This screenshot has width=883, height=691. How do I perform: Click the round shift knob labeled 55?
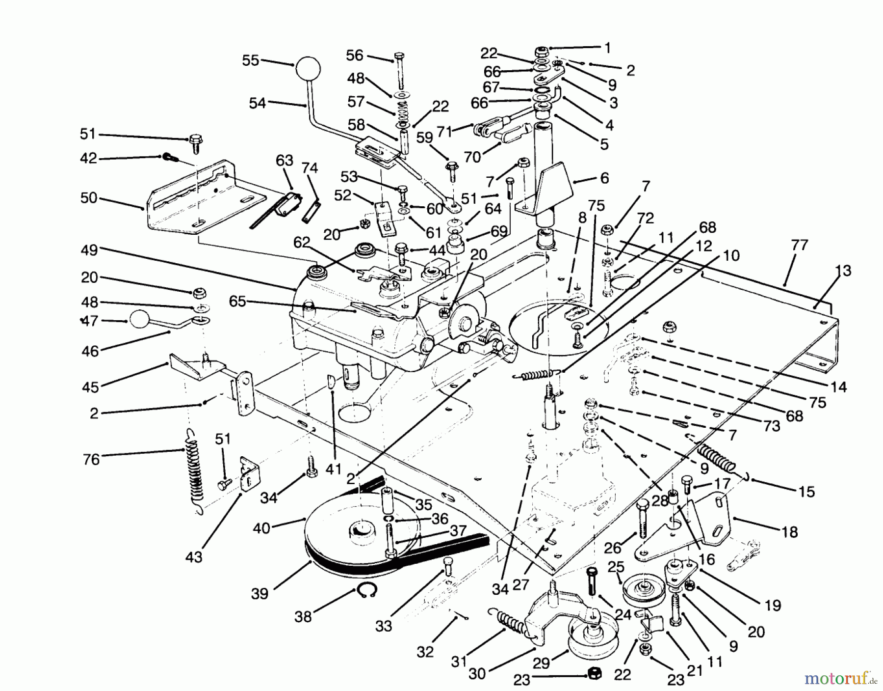[x=307, y=68]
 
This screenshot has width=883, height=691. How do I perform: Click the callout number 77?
[x=800, y=245]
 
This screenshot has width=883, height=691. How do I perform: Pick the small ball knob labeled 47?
[x=138, y=320]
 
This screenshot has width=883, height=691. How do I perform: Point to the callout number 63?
[x=285, y=161]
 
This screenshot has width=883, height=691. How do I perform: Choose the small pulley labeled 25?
[x=642, y=589]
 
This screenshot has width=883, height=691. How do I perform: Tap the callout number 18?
[x=790, y=532]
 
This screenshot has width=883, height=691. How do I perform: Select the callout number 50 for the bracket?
[x=89, y=199]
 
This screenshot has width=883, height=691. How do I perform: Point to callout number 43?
[x=194, y=558]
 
